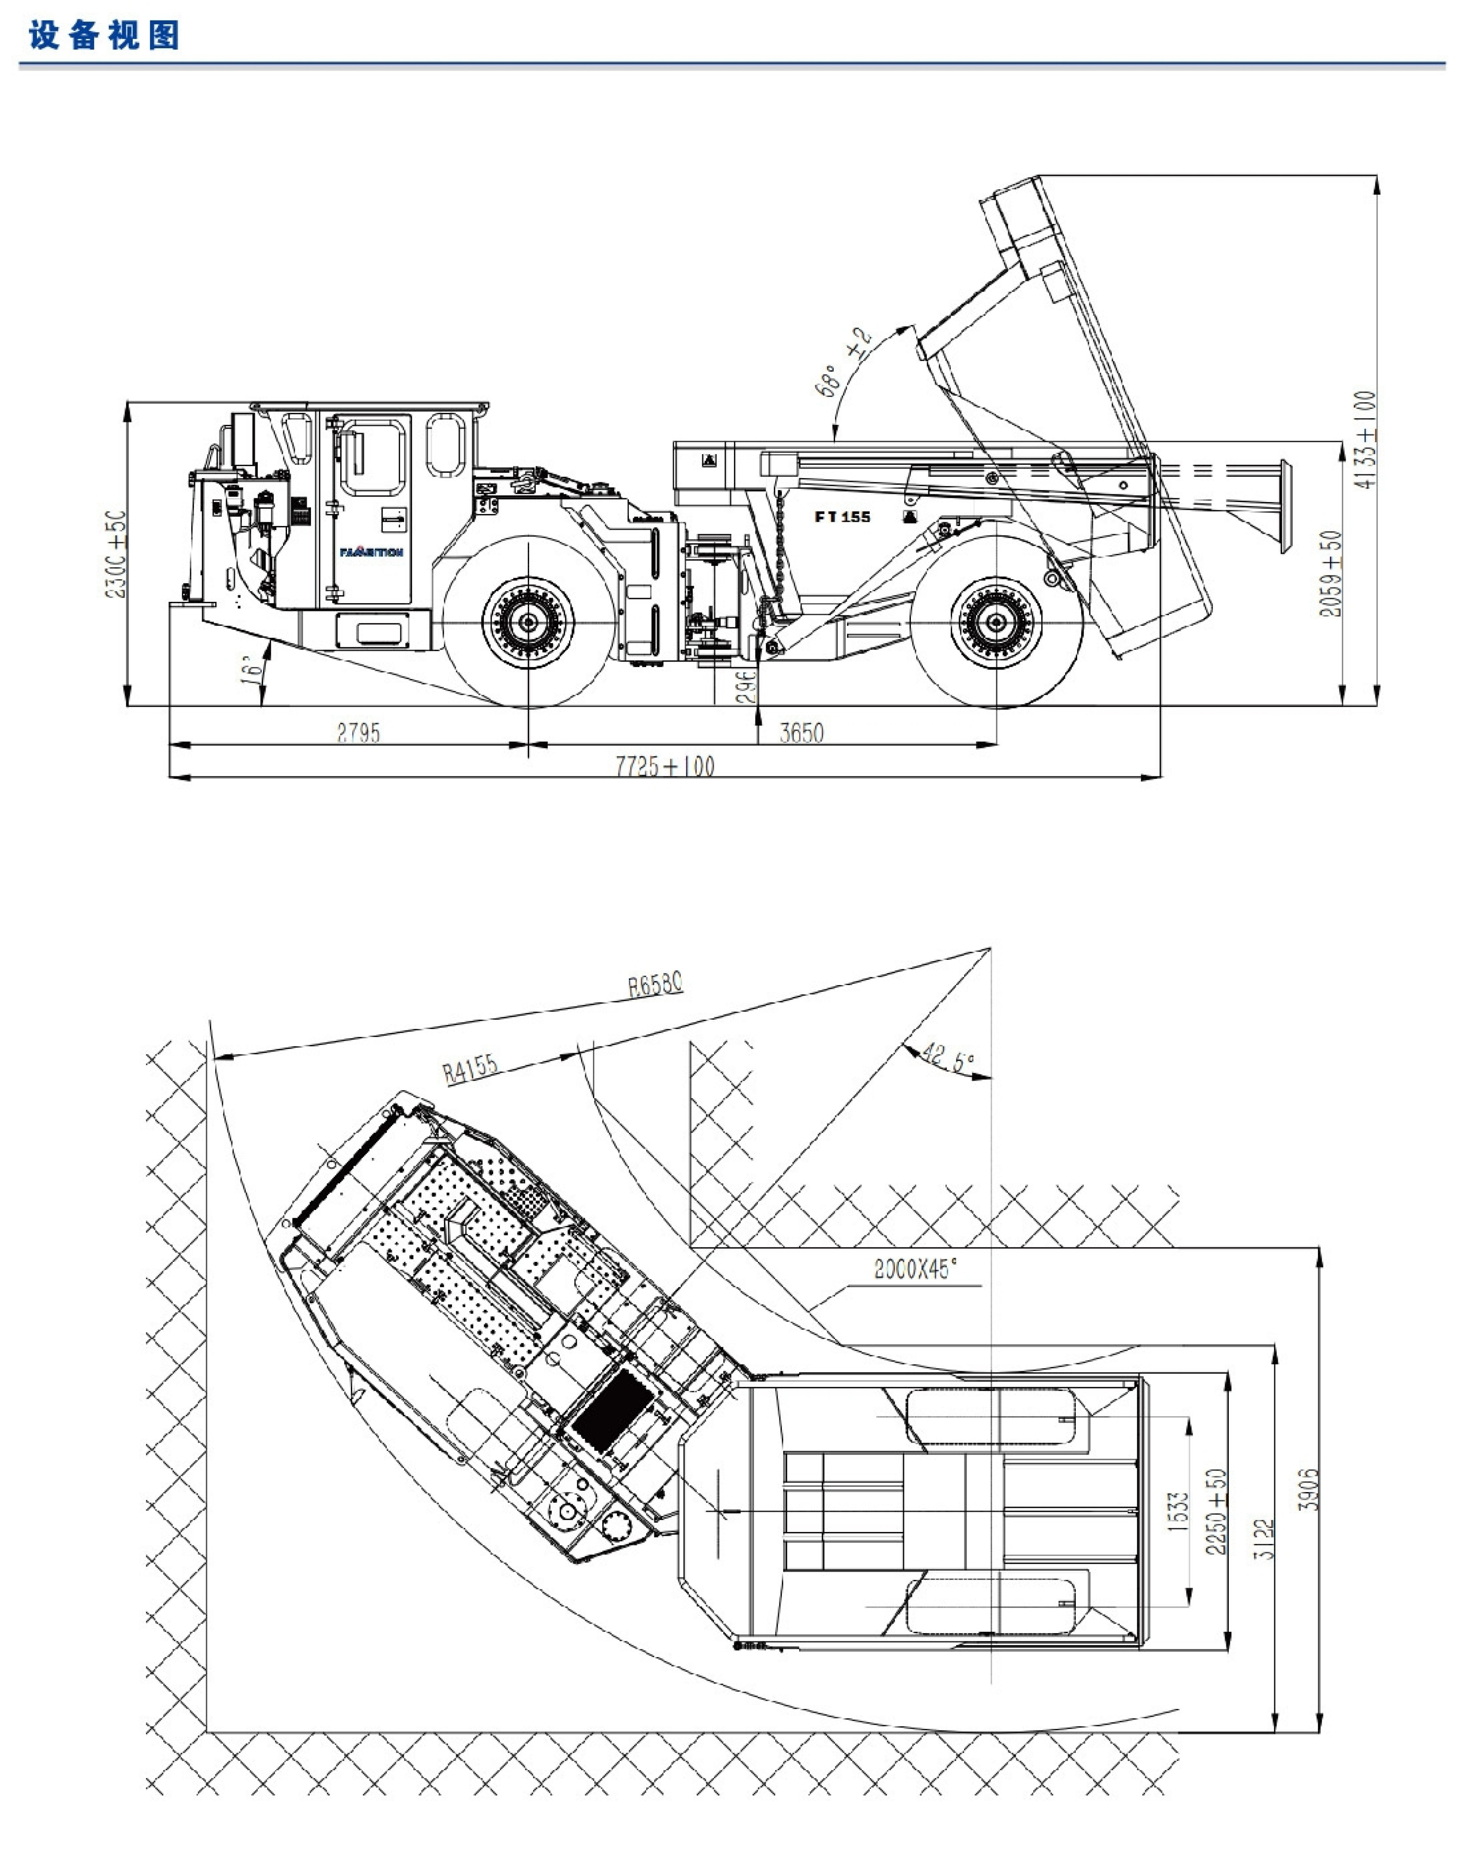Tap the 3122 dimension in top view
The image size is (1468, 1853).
coord(1264,1538)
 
